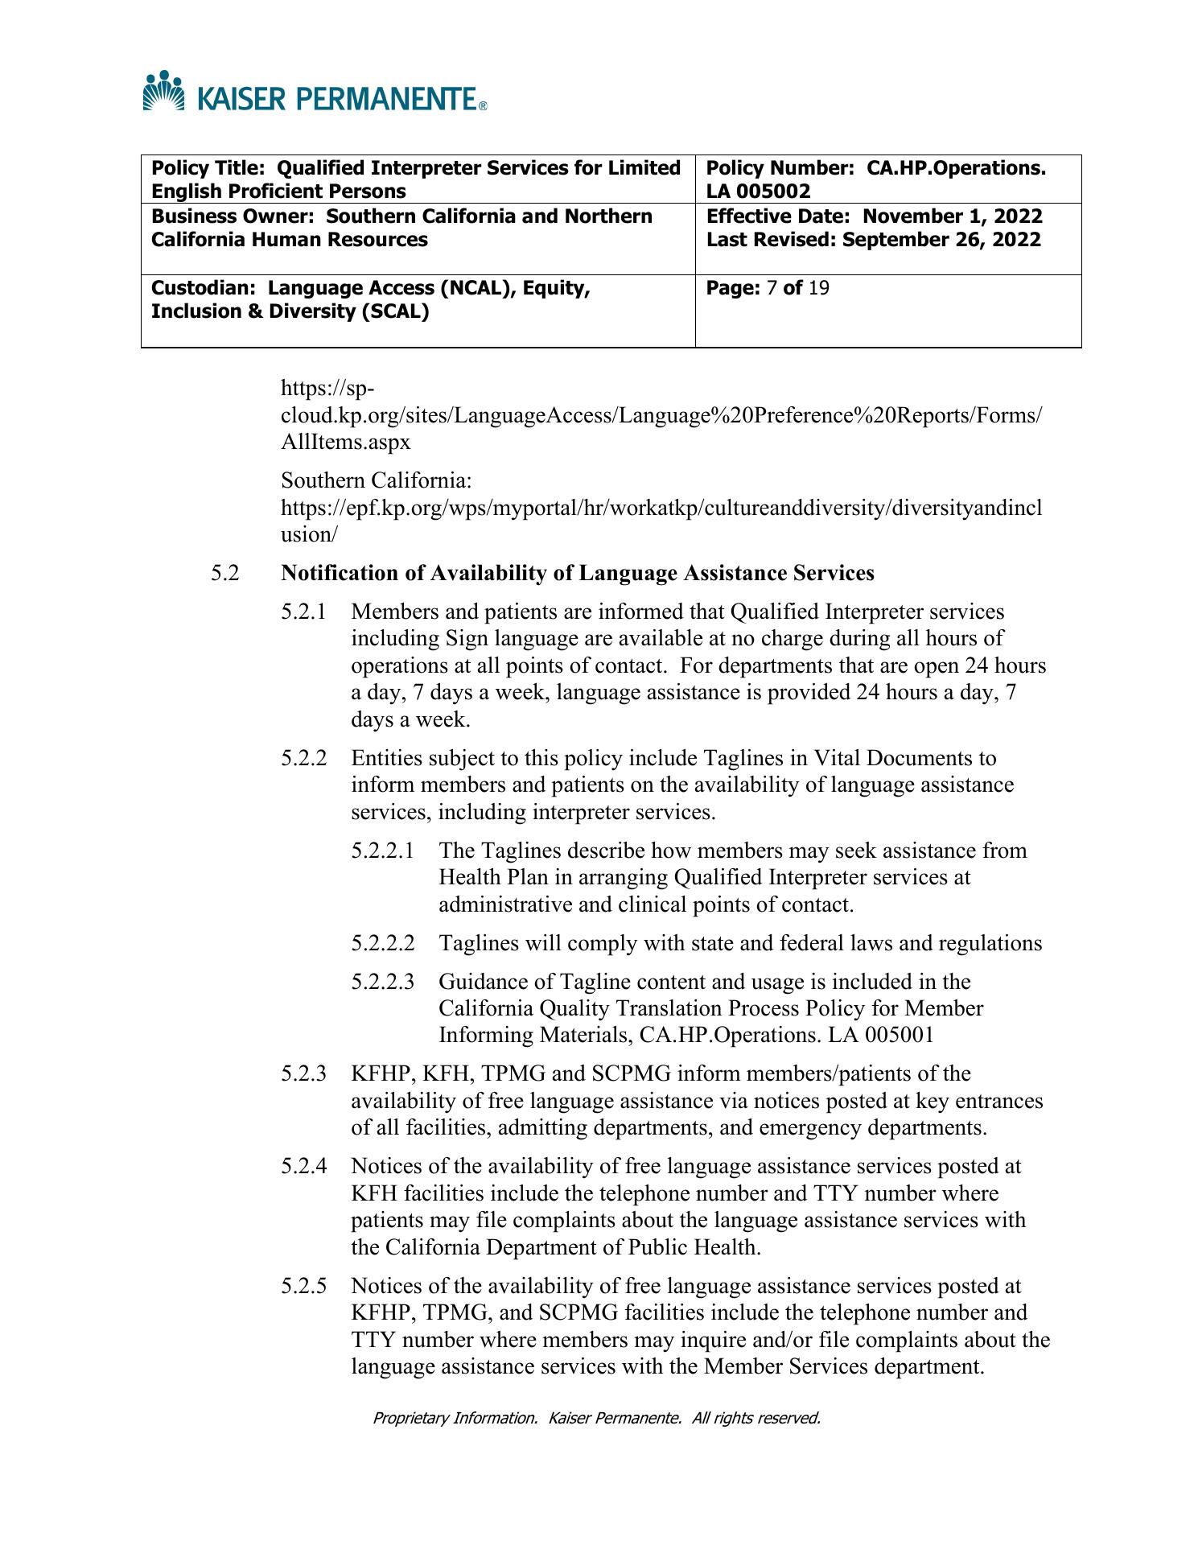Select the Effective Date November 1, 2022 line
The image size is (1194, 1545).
[x=874, y=216]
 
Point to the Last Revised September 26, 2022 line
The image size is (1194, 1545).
[x=873, y=240]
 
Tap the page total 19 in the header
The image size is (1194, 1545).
[x=818, y=287]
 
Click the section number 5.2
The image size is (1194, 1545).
[x=225, y=573]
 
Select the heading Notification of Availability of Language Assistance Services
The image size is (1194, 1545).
[x=577, y=573]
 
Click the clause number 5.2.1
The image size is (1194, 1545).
[x=304, y=612]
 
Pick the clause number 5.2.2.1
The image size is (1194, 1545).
[x=383, y=851]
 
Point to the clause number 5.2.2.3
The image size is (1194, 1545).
[x=383, y=982]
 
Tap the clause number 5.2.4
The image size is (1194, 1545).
[x=304, y=1166]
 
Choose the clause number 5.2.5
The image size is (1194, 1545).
[x=304, y=1286]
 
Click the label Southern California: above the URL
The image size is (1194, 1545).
[x=376, y=480]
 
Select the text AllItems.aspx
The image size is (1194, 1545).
[x=346, y=442]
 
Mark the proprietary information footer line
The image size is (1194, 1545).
[x=596, y=1418]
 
